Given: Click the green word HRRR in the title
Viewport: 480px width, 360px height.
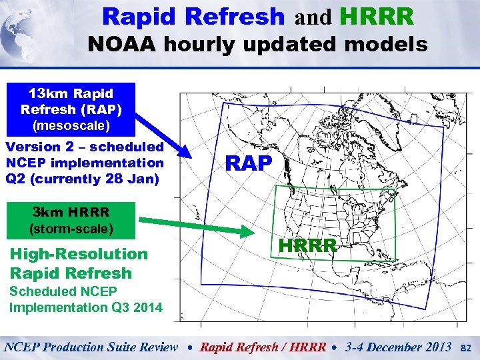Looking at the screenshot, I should tap(375, 16).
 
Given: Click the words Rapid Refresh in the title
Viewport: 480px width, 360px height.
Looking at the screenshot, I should tap(193, 16).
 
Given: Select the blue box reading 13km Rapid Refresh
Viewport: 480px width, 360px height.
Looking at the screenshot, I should tap(71, 109).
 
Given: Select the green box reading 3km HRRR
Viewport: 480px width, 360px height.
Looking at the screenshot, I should tap(71, 221).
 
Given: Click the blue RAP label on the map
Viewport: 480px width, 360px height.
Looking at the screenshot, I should tap(249, 163).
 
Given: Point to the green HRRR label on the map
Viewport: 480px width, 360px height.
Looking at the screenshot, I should tap(307, 246).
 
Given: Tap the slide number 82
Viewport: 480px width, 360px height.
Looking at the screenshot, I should tap(467, 347).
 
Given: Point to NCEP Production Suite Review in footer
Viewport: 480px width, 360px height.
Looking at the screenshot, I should tap(91, 347).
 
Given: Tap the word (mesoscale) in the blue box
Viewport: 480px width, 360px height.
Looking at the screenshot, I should tap(71, 124).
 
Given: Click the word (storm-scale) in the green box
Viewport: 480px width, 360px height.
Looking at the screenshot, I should tap(71, 229).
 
